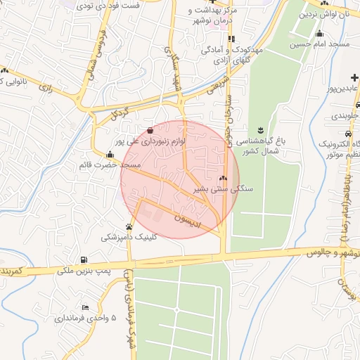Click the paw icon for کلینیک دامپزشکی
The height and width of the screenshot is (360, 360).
[x=129, y=226]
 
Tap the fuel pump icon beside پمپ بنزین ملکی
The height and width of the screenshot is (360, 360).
[x=85, y=259]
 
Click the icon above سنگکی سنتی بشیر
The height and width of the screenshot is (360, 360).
[x=224, y=179]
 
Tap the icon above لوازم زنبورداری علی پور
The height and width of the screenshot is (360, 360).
[x=150, y=130]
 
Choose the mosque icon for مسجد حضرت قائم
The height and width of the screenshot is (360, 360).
[x=109, y=155]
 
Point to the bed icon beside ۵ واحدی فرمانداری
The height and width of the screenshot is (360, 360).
[x=85, y=307]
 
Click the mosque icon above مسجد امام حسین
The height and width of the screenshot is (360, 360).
[x=320, y=34]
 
